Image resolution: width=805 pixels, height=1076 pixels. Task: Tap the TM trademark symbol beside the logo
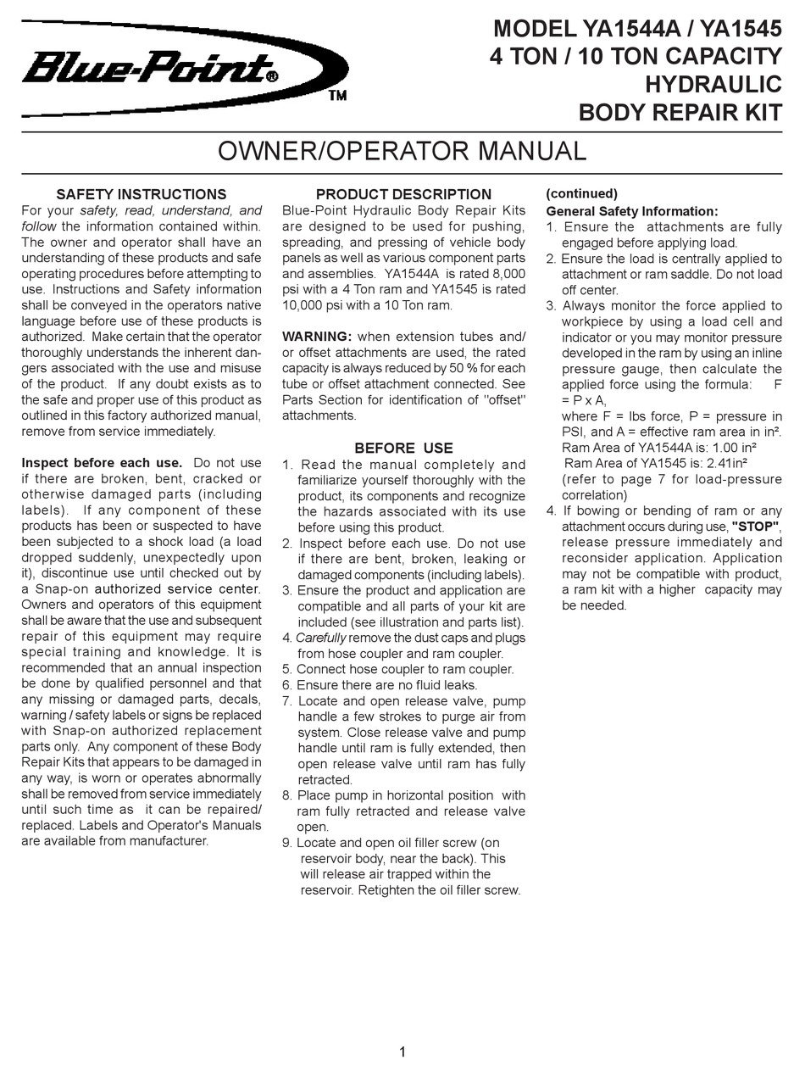coord(337,96)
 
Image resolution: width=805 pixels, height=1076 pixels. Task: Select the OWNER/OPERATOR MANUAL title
coord(402,151)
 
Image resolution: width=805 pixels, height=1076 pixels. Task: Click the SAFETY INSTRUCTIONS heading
coord(141,194)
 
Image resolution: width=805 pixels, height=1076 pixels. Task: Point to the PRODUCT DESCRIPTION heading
coord(403,194)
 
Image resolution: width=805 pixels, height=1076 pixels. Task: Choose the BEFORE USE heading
coord(403,448)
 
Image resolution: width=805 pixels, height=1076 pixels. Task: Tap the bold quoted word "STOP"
coord(755,527)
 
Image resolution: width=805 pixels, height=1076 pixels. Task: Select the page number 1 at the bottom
coord(402,1052)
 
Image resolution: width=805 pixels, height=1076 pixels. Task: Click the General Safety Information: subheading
coord(631,211)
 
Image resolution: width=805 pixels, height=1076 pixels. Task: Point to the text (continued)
coord(581,194)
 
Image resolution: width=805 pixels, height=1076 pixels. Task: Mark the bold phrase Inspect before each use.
coord(102,463)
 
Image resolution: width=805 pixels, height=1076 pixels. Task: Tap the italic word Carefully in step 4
coord(321,638)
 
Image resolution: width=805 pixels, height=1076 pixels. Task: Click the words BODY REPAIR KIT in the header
coord(680,113)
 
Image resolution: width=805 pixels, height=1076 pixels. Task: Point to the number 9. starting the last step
coord(288,843)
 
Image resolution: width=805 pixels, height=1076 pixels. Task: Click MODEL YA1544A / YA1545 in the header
coord(637,30)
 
